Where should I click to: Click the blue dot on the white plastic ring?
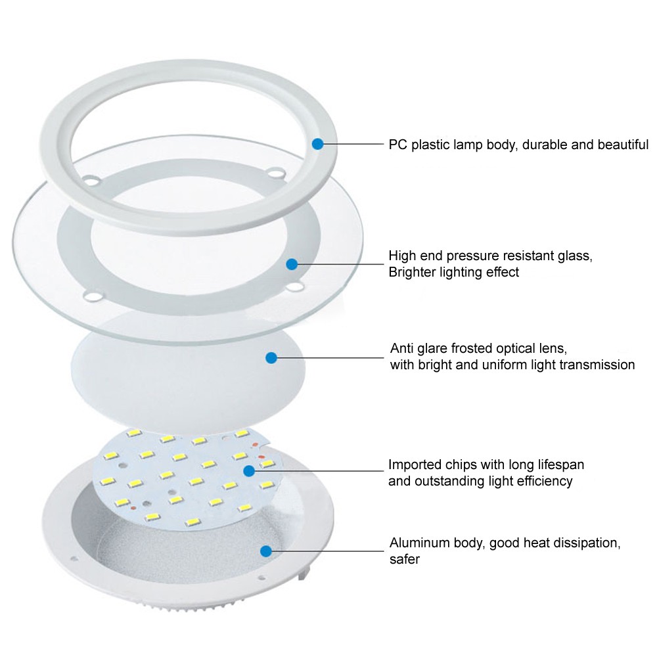coord(318,143)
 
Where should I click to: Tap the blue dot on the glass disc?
coord(292,264)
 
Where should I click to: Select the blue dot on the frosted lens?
coord(271,357)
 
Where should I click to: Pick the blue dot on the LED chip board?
coord(249,470)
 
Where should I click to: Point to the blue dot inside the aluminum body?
coord(266,551)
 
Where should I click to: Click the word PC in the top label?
coord(397,145)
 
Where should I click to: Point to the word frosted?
coord(477,348)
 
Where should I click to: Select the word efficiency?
coord(544,482)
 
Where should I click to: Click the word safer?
coord(405,560)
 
